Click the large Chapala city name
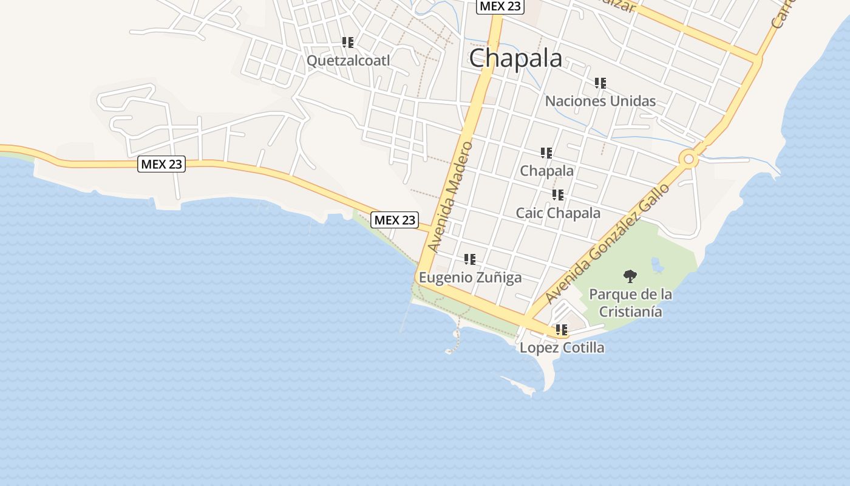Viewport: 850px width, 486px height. [x=515, y=58]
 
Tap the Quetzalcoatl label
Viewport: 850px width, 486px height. [x=348, y=61]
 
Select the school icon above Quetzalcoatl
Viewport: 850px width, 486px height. [x=348, y=43]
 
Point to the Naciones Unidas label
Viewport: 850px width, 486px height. [x=600, y=101]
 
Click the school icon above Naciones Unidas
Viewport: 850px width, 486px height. [x=600, y=83]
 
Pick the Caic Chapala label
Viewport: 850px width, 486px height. [x=558, y=213]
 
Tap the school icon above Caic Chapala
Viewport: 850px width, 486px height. [x=558, y=195]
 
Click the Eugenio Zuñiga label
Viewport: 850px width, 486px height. [x=470, y=278]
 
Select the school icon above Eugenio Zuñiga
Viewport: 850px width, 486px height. [x=470, y=259]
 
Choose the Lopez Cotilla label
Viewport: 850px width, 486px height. [x=562, y=347]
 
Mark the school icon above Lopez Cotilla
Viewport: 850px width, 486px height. [x=562, y=330]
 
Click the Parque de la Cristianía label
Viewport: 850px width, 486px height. [x=630, y=303]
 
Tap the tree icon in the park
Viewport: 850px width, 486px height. [x=630, y=276]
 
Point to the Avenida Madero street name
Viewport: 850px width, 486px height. [x=450, y=197]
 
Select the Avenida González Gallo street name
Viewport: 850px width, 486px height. [x=607, y=244]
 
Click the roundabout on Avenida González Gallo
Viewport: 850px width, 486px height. [x=688, y=159]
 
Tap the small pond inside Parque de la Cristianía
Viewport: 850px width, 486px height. [x=656, y=264]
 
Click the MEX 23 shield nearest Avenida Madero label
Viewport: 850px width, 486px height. [x=395, y=220]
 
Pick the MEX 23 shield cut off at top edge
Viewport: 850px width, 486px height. [x=500, y=6]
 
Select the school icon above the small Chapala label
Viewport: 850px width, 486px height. [x=546, y=153]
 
